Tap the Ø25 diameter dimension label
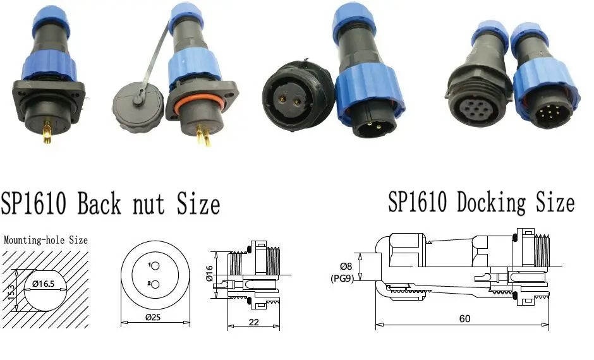point(153,317)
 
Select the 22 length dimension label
point(254,322)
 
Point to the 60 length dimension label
point(464,318)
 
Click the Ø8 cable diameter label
point(346,267)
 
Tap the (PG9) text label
point(342,279)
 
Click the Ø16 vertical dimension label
point(210,273)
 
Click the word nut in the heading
point(150,205)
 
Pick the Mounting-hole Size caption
point(45,240)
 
